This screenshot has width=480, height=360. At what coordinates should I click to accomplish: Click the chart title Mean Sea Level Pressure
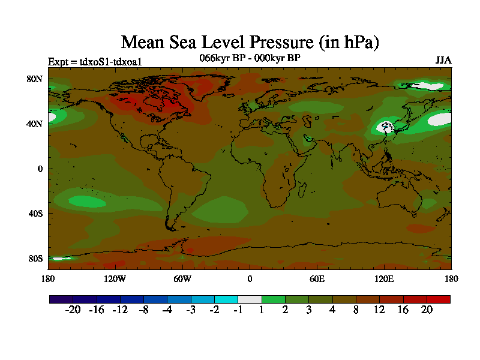point(250,42)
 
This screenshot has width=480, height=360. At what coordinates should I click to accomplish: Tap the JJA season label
point(443,61)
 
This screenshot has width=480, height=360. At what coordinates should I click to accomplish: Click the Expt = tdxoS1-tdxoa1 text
point(95,61)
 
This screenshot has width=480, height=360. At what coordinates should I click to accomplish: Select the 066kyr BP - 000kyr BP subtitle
point(250,58)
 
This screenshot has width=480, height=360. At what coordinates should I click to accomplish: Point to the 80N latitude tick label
point(36,79)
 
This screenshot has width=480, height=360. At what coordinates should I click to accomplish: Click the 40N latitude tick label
point(36,124)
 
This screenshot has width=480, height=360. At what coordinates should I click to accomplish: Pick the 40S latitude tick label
point(36,213)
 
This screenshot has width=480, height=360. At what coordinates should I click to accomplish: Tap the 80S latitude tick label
point(36,258)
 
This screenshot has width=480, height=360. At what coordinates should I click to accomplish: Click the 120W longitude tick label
point(115,278)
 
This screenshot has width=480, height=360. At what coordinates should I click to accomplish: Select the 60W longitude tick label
point(182,278)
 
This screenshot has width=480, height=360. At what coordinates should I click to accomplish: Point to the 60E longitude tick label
point(317,278)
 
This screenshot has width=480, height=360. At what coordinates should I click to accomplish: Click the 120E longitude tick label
point(384,278)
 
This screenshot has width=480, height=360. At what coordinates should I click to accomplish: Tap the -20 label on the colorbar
point(72,310)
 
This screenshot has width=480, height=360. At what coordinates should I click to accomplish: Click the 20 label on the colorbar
point(427,310)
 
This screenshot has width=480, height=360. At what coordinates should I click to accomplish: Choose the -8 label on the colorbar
point(143,310)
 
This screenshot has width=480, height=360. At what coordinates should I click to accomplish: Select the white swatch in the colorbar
point(250,299)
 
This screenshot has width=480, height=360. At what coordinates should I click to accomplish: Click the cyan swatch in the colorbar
point(226,299)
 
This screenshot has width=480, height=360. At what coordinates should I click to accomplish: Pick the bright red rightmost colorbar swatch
point(438,299)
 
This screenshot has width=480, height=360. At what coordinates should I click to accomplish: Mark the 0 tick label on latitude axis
point(40,169)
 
